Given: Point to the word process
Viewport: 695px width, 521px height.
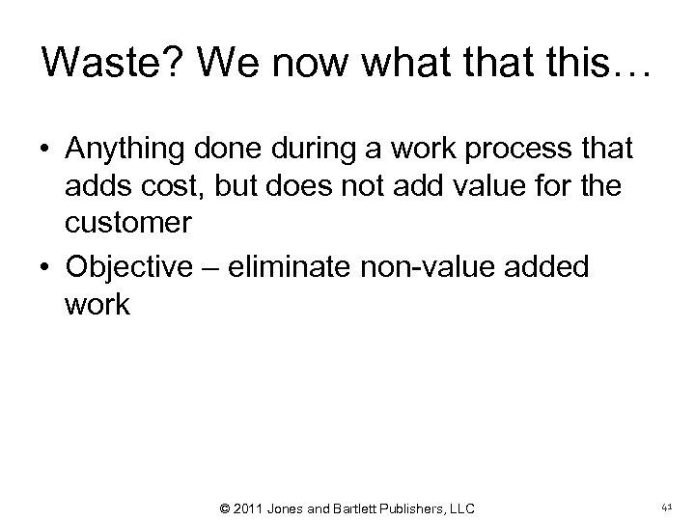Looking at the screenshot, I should [516, 150].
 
